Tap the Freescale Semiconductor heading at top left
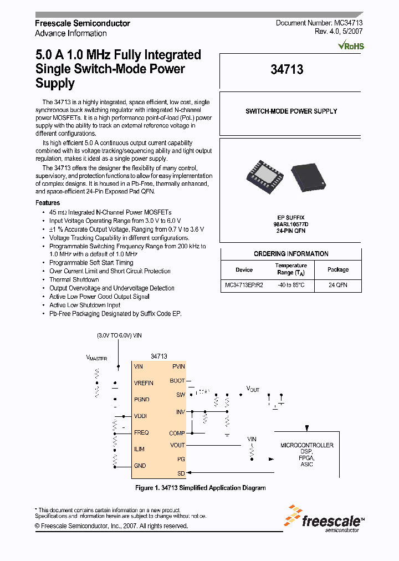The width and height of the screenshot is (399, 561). point(83,23)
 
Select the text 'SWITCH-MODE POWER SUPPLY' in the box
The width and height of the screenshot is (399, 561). point(291,111)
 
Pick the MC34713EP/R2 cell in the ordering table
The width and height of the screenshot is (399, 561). point(244,285)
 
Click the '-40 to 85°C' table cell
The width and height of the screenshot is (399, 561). point(291,285)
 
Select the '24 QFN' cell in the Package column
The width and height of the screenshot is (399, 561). point(337,285)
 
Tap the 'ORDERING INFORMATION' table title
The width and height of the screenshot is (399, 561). point(291,254)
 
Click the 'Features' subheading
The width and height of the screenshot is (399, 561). point(48,203)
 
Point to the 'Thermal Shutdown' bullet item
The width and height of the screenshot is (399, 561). point(74,280)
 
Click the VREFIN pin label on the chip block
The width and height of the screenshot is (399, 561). point(144,383)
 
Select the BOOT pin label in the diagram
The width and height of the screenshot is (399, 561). point(177,381)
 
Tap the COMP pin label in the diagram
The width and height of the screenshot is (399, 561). point(177,433)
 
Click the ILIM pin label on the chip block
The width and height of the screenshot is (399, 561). point(139,450)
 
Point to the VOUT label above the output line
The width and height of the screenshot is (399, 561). point(253,390)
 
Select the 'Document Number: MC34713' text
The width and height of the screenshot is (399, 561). point(319,23)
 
